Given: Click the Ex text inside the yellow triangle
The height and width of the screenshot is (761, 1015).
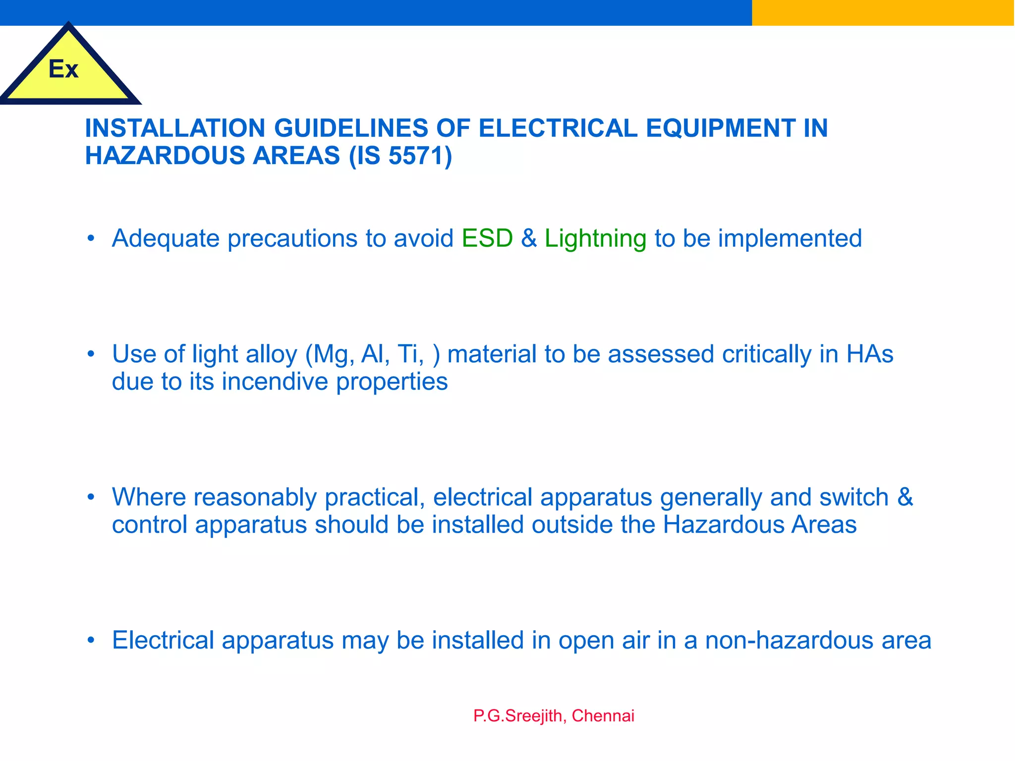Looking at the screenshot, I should (x=63, y=69).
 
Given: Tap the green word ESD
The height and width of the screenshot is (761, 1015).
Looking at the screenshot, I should (x=487, y=238).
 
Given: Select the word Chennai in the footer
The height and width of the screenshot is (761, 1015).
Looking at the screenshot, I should (x=603, y=716).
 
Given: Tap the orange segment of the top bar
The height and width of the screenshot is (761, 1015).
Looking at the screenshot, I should (x=883, y=12).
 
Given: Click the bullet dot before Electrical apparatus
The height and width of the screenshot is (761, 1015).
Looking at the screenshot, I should (x=90, y=640).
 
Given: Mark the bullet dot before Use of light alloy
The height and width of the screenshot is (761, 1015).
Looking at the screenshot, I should (x=90, y=354).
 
